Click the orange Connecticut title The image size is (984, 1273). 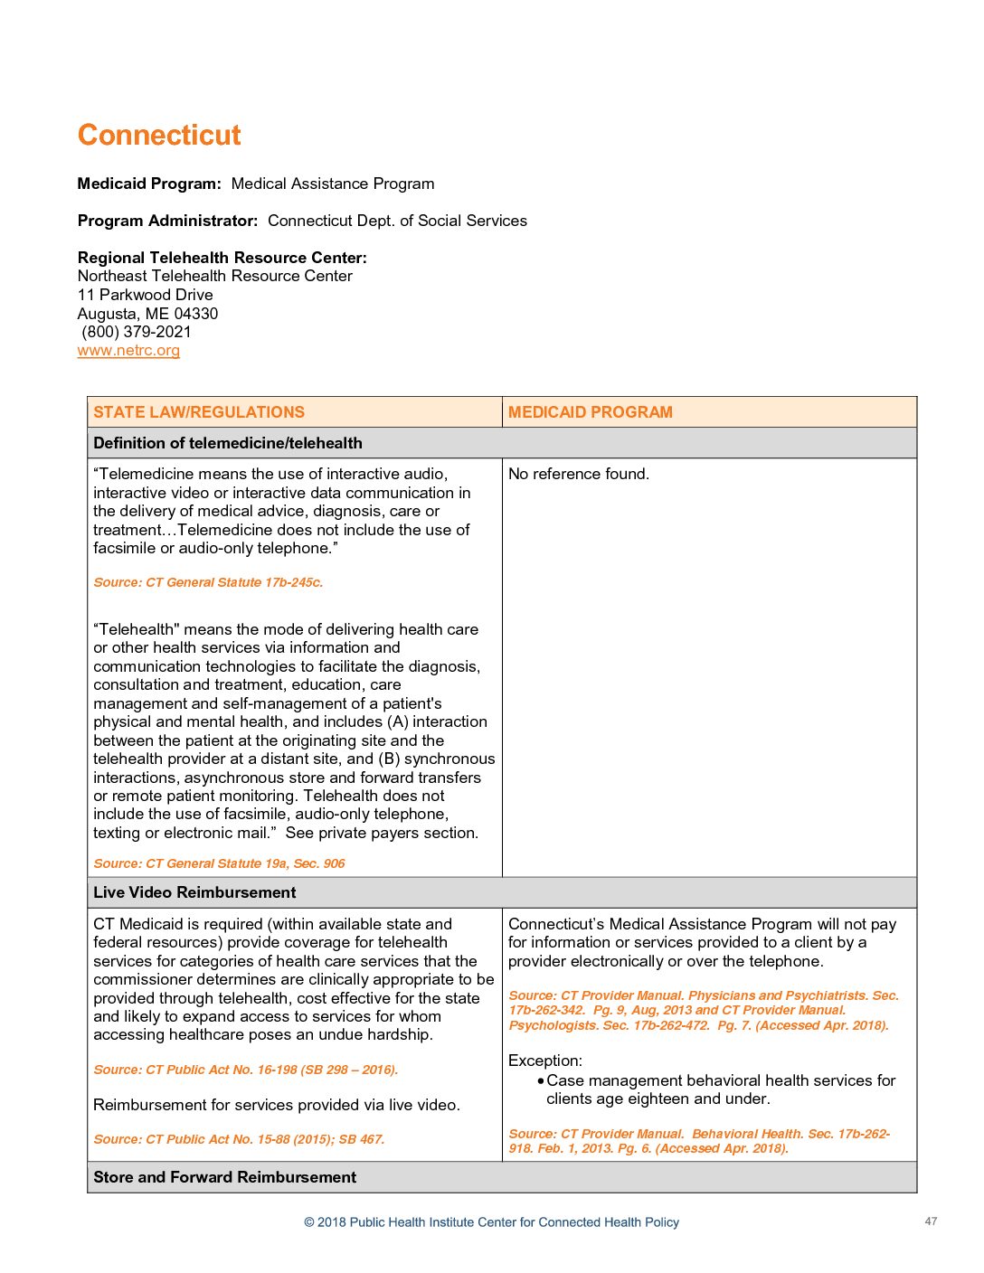[159, 136]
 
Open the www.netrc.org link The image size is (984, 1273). [128, 351]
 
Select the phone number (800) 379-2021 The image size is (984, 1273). [137, 332]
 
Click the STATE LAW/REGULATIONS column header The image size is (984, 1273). [199, 412]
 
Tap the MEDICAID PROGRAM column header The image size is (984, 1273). [590, 412]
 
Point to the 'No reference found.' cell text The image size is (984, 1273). [578, 474]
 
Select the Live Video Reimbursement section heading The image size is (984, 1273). [194, 892]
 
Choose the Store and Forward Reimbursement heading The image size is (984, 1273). [224, 1177]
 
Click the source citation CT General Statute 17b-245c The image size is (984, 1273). [208, 582]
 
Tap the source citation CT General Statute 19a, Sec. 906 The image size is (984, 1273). [219, 863]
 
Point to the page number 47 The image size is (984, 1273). [931, 1221]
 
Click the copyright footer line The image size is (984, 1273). [491, 1222]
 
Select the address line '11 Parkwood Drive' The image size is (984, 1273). [145, 295]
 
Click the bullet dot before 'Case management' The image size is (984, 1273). [541, 1081]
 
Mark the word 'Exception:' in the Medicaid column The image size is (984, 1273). [544, 1061]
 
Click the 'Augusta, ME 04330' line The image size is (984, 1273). [147, 314]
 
